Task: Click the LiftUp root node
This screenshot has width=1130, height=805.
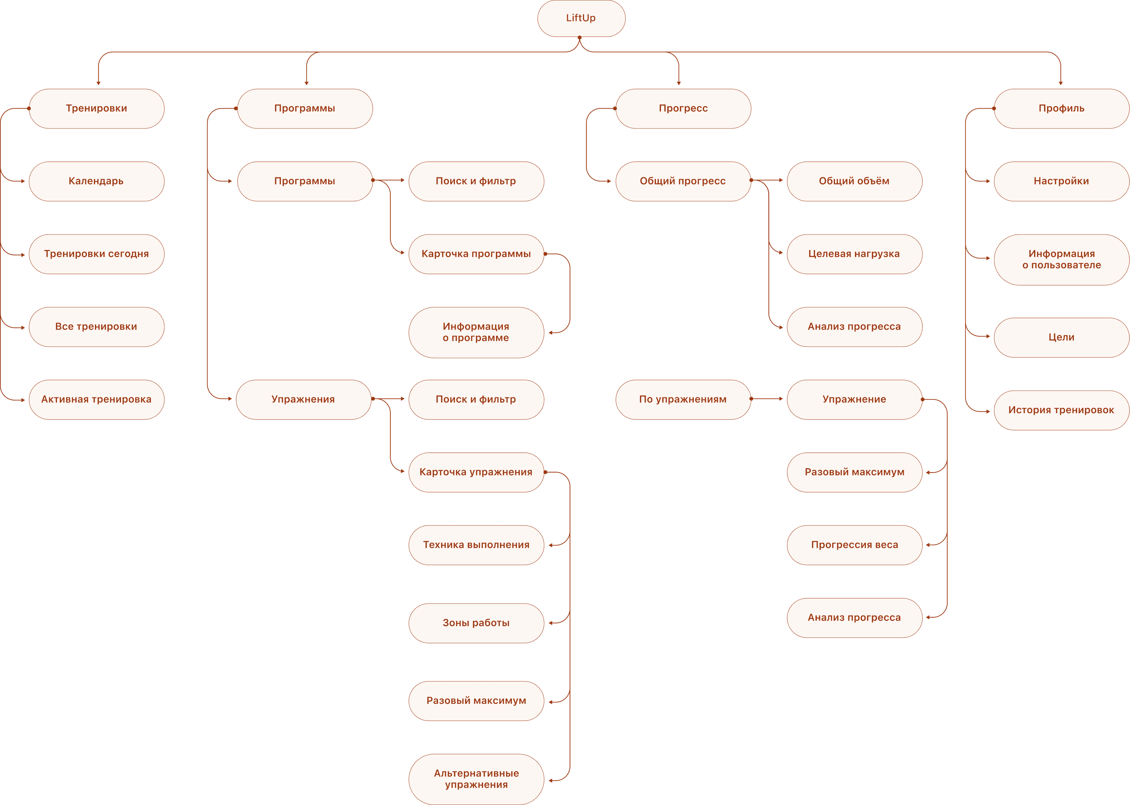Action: [581, 18]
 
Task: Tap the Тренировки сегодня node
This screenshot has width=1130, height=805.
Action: [96, 254]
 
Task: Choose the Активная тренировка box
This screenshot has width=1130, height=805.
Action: [96, 400]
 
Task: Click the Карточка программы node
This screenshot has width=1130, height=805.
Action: [476, 254]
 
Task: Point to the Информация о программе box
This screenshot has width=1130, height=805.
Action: [476, 333]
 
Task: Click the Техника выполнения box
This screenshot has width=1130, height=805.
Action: [476, 545]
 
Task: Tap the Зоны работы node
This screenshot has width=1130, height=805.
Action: [476, 623]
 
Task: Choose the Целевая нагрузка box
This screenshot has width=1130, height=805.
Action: [854, 254]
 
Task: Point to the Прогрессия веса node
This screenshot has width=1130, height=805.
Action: [854, 545]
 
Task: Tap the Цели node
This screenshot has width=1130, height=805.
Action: [1061, 337]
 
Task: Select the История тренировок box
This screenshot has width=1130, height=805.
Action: [1061, 410]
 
